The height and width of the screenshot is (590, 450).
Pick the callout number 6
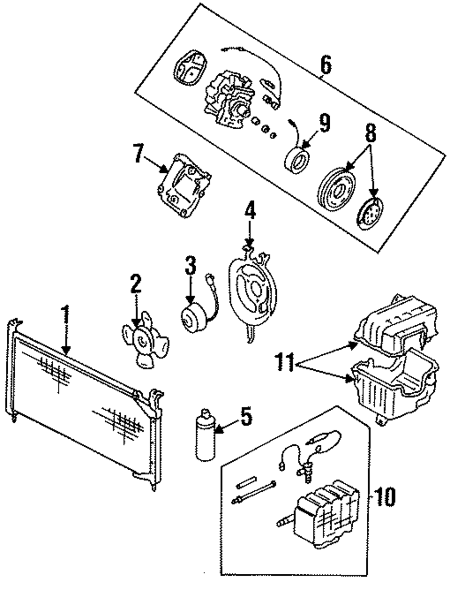[325, 64]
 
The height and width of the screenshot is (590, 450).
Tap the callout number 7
[139, 153]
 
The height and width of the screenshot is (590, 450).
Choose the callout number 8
[371, 132]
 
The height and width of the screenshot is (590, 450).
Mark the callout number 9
[324, 123]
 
